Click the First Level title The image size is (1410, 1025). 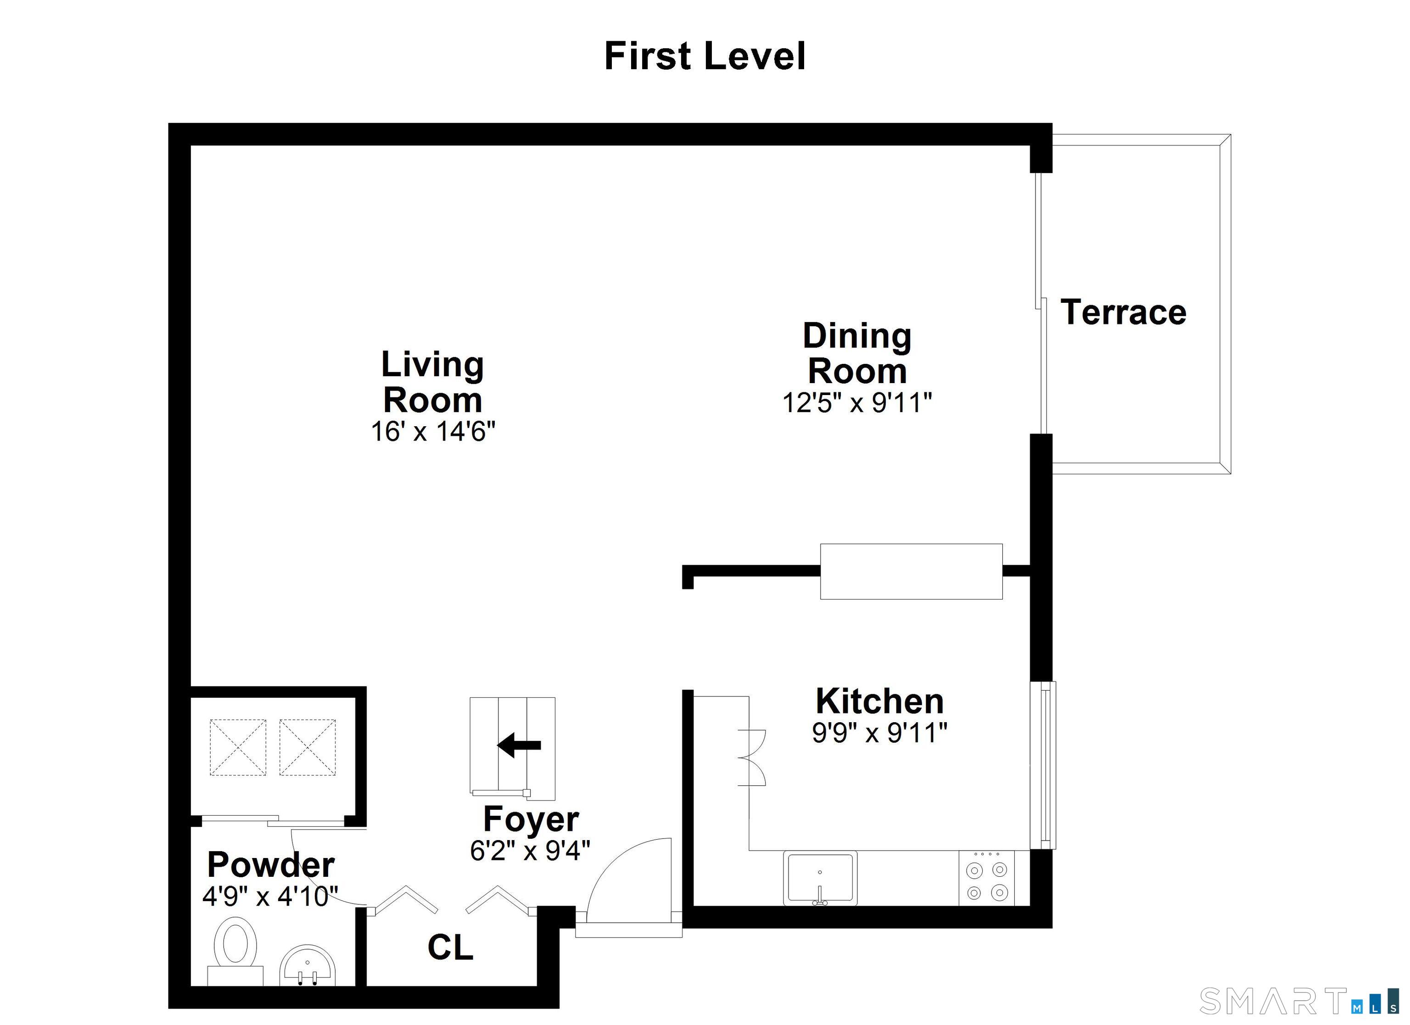click(x=705, y=56)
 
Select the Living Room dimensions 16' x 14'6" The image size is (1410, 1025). click(x=433, y=431)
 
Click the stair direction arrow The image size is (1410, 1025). click(x=519, y=745)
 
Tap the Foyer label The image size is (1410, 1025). click(x=531, y=820)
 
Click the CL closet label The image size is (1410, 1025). click(x=450, y=948)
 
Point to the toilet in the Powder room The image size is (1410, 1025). click(x=235, y=952)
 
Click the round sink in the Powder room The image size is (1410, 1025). click(x=308, y=965)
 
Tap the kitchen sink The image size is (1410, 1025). click(x=820, y=878)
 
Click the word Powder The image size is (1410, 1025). click(x=271, y=864)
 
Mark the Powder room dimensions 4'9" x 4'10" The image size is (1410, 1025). click(x=270, y=897)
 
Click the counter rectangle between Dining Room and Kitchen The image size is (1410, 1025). click(x=912, y=572)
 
